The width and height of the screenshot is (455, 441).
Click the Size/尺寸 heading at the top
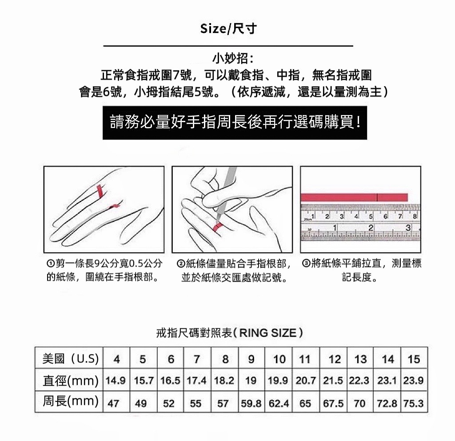tap(228, 29)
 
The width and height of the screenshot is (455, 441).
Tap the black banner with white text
tap(235, 123)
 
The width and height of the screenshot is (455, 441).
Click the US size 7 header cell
tap(197, 359)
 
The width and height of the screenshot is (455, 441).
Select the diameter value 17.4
tap(196, 380)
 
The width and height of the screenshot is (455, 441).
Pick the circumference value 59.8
tap(251, 403)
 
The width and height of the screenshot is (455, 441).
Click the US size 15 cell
tap(414, 359)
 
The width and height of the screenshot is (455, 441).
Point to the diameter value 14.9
tap(116, 380)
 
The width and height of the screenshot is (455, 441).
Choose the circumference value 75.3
tap(413, 403)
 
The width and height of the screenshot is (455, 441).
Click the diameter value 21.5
tap(333, 380)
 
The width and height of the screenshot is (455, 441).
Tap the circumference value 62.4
tap(279, 403)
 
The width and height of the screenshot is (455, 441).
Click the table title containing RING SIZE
tap(230, 333)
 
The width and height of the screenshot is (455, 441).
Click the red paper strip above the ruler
tap(354, 198)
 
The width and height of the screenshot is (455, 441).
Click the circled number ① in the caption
tap(50, 263)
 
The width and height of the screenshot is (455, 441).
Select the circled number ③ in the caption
tap(306, 263)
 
